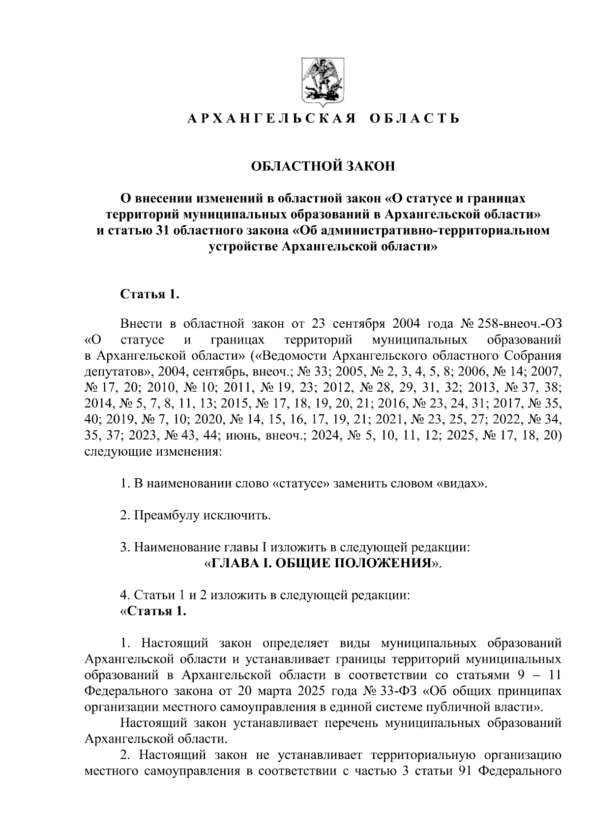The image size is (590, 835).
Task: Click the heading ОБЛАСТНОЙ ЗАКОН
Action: pos(323,166)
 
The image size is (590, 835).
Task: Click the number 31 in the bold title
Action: pos(162,230)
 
